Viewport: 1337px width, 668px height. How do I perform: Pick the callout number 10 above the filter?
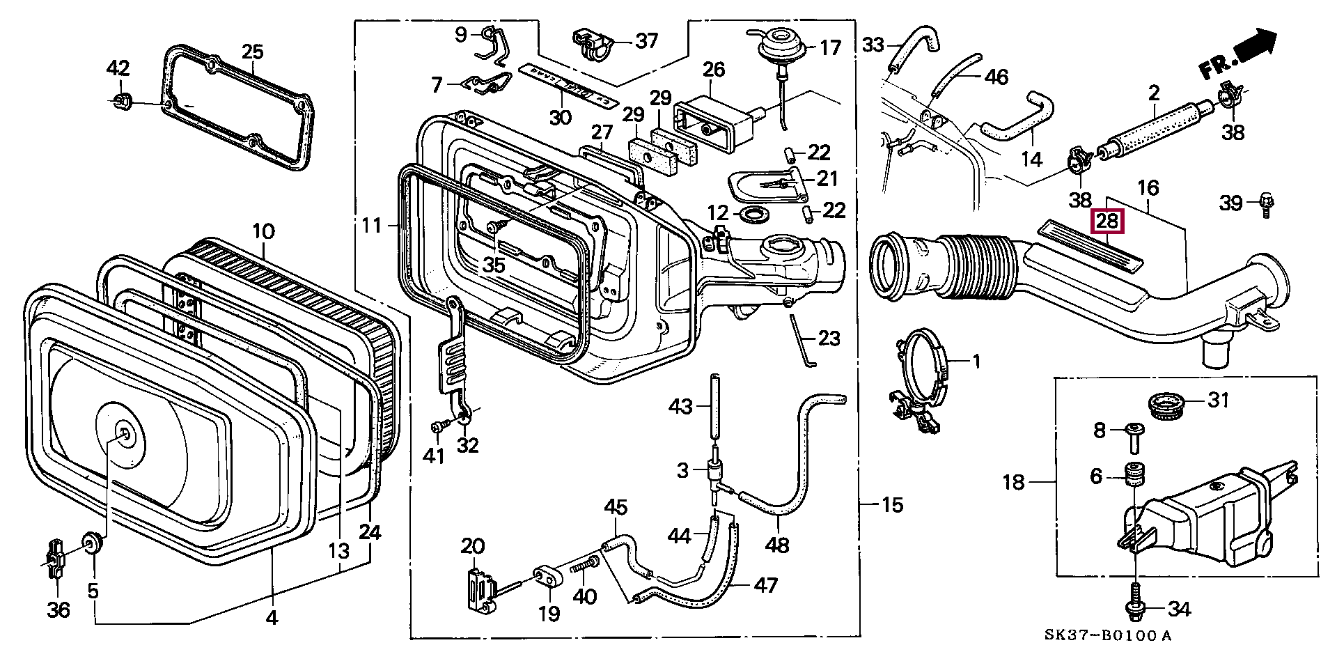coord(263,230)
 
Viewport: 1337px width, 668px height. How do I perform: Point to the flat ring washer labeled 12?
coord(753,213)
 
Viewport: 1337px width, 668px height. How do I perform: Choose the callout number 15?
coord(892,504)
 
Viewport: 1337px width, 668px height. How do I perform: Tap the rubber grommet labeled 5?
coord(91,543)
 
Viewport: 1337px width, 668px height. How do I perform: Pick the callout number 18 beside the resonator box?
coord(1013,481)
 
